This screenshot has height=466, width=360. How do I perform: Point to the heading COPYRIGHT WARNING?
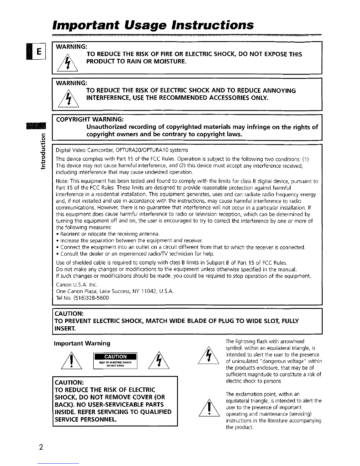[90, 119]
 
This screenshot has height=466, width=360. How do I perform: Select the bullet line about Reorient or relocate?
[108, 234]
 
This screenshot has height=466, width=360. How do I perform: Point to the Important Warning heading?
[82, 343]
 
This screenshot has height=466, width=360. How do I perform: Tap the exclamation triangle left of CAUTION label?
[70, 361]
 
